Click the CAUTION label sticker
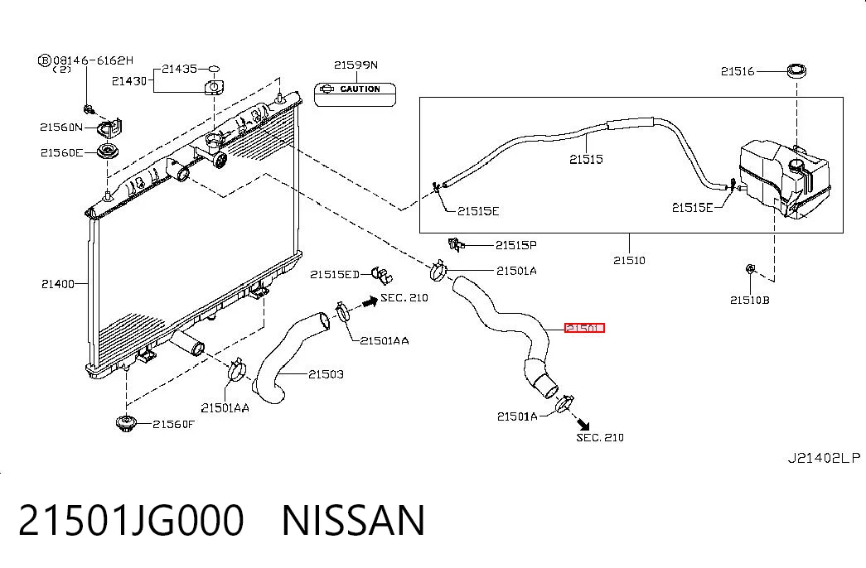click(x=356, y=94)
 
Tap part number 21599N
click(x=356, y=65)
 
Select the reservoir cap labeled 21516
click(x=796, y=70)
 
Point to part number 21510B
click(x=749, y=301)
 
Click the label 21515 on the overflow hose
click(x=586, y=160)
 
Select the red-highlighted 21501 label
click(x=584, y=328)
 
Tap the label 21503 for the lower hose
click(x=326, y=374)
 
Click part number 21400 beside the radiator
click(x=58, y=284)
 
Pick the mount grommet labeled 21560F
click(x=125, y=424)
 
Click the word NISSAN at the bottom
click(x=354, y=520)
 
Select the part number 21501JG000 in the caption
click(x=131, y=520)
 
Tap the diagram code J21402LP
click(x=824, y=458)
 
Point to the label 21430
click(x=129, y=81)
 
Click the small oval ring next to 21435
click(x=214, y=69)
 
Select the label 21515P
click(x=515, y=245)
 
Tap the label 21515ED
click(x=335, y=274)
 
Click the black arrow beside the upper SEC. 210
click(x=370, y=301)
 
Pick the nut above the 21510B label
click(x=750, y=269)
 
